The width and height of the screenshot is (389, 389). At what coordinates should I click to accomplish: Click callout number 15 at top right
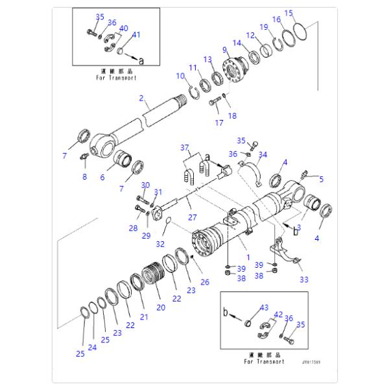(289, 12)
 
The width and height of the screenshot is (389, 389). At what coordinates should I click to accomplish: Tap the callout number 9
(225, 49)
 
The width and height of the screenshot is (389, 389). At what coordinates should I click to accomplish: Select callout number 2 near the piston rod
(141, 99)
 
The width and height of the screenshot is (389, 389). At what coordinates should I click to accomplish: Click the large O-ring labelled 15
(300, 31)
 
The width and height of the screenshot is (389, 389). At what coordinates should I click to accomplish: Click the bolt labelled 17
(215, 101)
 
